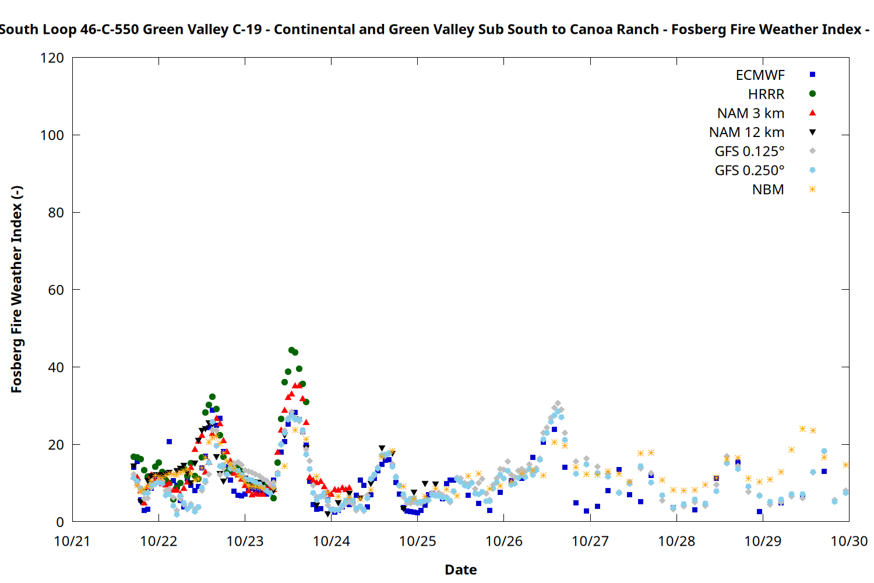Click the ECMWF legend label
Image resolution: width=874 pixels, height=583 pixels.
pos(760,75)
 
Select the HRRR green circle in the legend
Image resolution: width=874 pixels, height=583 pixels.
pos(812,94)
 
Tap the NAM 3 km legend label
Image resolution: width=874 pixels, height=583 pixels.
pos(750,113)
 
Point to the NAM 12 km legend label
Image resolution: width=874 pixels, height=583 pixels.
pos(746,132)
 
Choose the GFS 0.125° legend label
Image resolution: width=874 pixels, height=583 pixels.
pos(749,152)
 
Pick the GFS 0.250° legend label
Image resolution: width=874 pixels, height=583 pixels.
pos(749,171)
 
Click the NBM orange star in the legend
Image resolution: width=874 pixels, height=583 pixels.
pos(812,189)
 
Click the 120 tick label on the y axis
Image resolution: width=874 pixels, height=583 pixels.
pos(52,58)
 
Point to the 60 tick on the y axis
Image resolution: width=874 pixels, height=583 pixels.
pos(56,290)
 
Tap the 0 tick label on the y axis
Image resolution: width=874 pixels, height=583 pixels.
pos(60,522)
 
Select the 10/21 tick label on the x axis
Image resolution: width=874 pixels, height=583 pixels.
pos(72,542)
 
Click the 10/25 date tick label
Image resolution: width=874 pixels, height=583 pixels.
pos(418,542)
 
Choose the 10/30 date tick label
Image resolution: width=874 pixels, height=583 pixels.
pos(849,542)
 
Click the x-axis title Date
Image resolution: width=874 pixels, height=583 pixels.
pos(460,570)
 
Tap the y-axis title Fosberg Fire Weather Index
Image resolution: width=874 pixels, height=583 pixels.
pos(16,290)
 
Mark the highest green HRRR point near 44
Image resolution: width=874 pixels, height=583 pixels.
pos(291,350)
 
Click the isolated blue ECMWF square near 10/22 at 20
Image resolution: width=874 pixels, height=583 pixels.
pos(169,442)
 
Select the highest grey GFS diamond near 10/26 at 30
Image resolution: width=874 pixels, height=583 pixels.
pos(558,403)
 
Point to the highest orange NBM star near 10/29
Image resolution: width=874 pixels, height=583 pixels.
pos(802,429)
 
